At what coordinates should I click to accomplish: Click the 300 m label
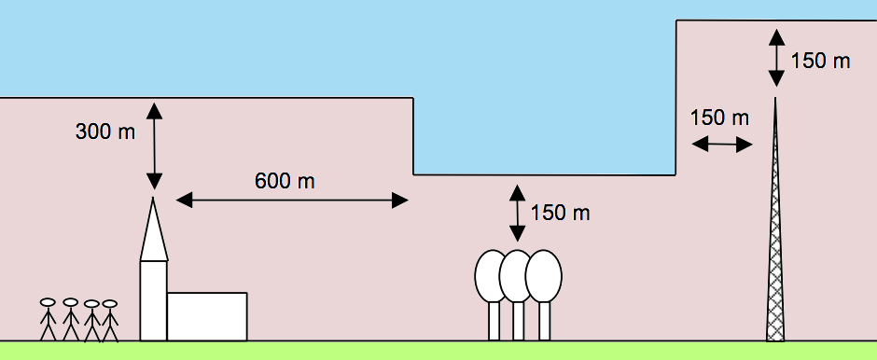pos(105,132)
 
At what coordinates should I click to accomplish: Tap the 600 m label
pos(285,181)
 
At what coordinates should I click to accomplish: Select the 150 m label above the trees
pos(560,213)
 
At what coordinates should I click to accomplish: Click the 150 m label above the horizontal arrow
pos(719,118)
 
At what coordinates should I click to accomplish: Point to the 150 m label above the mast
pos(820,61)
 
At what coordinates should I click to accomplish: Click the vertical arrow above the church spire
pos(154,146)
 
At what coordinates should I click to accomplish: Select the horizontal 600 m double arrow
pos(292,201)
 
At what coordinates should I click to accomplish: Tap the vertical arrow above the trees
pos(518,213)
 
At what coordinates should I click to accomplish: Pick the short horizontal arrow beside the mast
pos(722,145)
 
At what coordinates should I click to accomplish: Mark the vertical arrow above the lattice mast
pos(776,58)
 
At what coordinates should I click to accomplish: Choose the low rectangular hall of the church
pos(207,316)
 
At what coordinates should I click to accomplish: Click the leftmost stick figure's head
pos(49,302)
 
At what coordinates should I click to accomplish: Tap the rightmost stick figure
pos(110,320)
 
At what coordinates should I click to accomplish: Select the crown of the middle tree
pos(516,276)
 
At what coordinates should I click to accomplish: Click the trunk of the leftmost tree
pos(494,321)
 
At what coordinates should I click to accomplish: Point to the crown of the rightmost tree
pos(544,276)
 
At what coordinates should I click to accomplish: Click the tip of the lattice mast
pos(775,98)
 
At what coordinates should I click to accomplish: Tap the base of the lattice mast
pos(775,339)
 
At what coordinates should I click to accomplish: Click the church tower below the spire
pos(153,300)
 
